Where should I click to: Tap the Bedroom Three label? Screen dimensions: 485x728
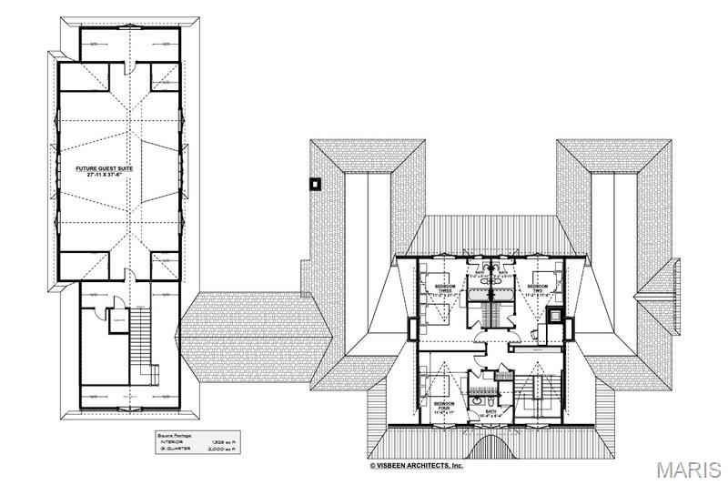point(446,288)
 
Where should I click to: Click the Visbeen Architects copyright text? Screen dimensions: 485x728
point(416,465)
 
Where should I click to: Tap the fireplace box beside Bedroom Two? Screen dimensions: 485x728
point(554,317)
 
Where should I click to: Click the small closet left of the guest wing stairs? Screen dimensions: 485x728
point(116,322)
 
